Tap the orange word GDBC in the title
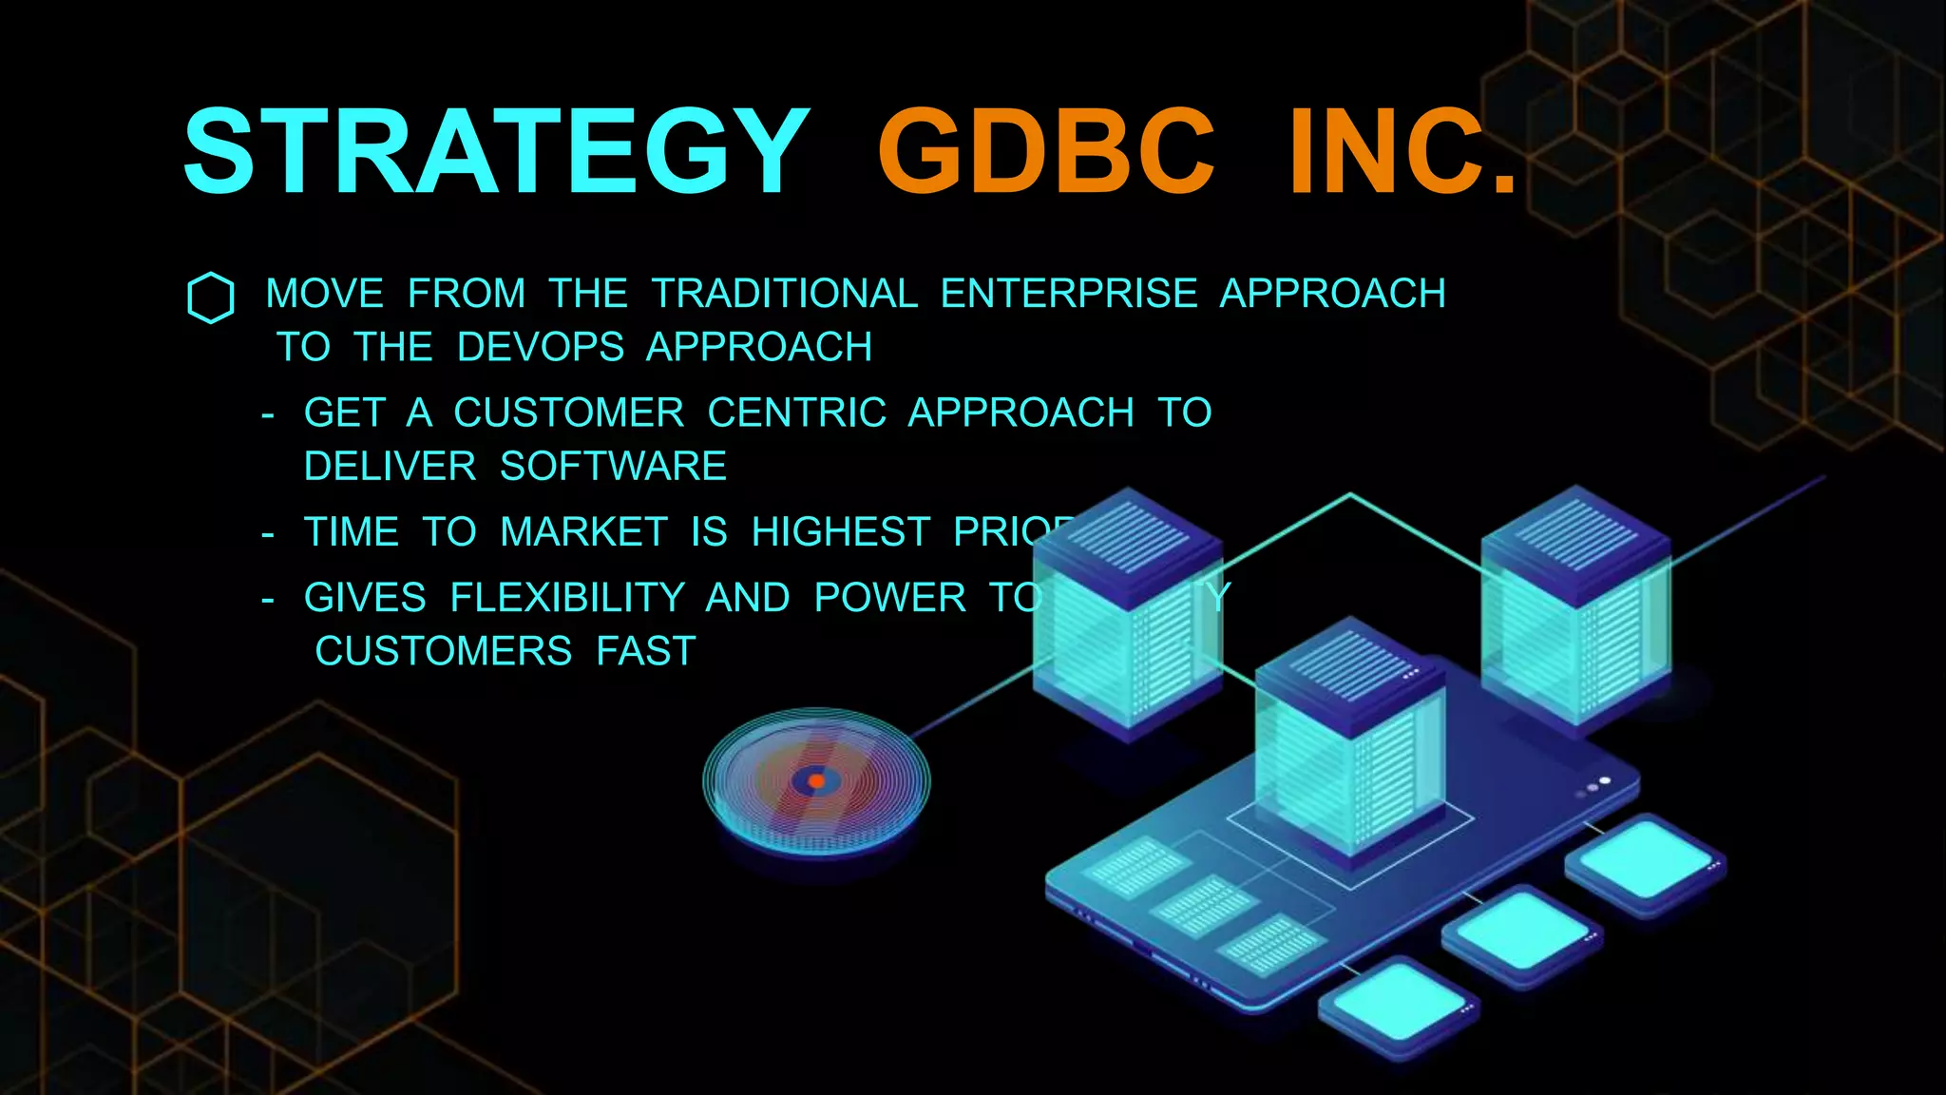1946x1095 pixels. click(1045, 152)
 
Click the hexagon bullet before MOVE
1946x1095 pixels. click(211, 298)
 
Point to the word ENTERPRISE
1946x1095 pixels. click(1068, 294)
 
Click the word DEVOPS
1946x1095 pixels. click(540, 347)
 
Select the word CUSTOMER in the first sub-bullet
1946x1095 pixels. click(568, 413)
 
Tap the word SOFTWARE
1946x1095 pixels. click(613, 467)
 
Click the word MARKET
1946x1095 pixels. click(583, 532)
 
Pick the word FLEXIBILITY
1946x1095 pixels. click(567, 598)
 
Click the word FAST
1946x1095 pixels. click(646, 652)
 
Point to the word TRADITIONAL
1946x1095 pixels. click(785, 294)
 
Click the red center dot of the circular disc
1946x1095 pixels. click(816, 781)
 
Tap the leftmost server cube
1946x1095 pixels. click(1127, 613)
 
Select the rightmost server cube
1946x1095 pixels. click(1575, 608)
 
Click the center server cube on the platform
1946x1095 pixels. click(1349, 741)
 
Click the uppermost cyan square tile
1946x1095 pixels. click(1644, 861)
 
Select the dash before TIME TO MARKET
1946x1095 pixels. click(268, 535)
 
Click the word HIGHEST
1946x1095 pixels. click(840, 532)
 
